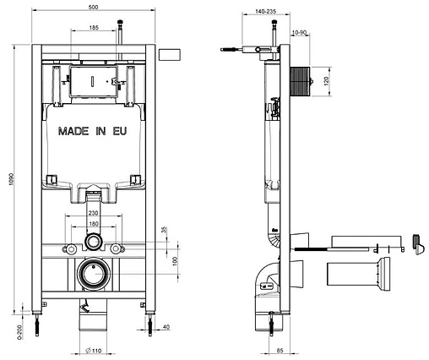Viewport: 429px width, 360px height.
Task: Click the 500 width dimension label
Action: pyautogui.click(x=93, y=8)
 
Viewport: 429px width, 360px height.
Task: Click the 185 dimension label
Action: pyautogui.click(x=94, y=28)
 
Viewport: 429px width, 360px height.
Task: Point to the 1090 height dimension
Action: pyautogui.click(x=11, y=179)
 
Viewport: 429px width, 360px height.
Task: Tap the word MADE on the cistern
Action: pyautogui.click(x=73, y=131)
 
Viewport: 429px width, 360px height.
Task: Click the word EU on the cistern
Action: pyautogui.click(x=120, y=131)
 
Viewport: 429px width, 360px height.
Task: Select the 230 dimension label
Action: pyautogui.click(x=93, y=213)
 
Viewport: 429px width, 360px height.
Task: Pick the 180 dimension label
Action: pyautogui.click(x=94, y=224)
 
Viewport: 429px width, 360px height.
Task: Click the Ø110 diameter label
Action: pyautogui.click(x=93, y=351)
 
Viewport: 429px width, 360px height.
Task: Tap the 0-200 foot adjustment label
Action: pyautogui.click(x=19, y=332)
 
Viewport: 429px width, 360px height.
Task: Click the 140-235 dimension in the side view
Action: pyautogui.click(x=266, y=12)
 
